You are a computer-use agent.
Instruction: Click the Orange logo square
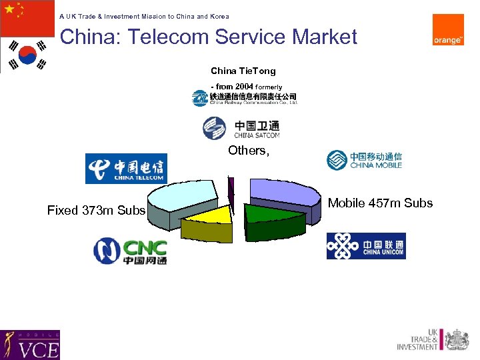[448, 30]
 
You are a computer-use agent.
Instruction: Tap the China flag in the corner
[27, 18]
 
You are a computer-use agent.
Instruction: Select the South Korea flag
[27, 55]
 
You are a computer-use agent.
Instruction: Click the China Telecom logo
[126, 168]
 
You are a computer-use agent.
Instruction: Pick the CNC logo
[130, 251]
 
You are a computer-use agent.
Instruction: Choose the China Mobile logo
[364, 160]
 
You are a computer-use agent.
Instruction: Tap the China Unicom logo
[365, 246]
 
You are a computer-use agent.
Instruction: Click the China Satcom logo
[241, 127]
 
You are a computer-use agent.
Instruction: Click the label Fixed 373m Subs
[96, 211]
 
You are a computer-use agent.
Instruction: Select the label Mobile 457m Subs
[380, 203]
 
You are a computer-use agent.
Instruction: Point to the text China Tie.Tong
[243, 71]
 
